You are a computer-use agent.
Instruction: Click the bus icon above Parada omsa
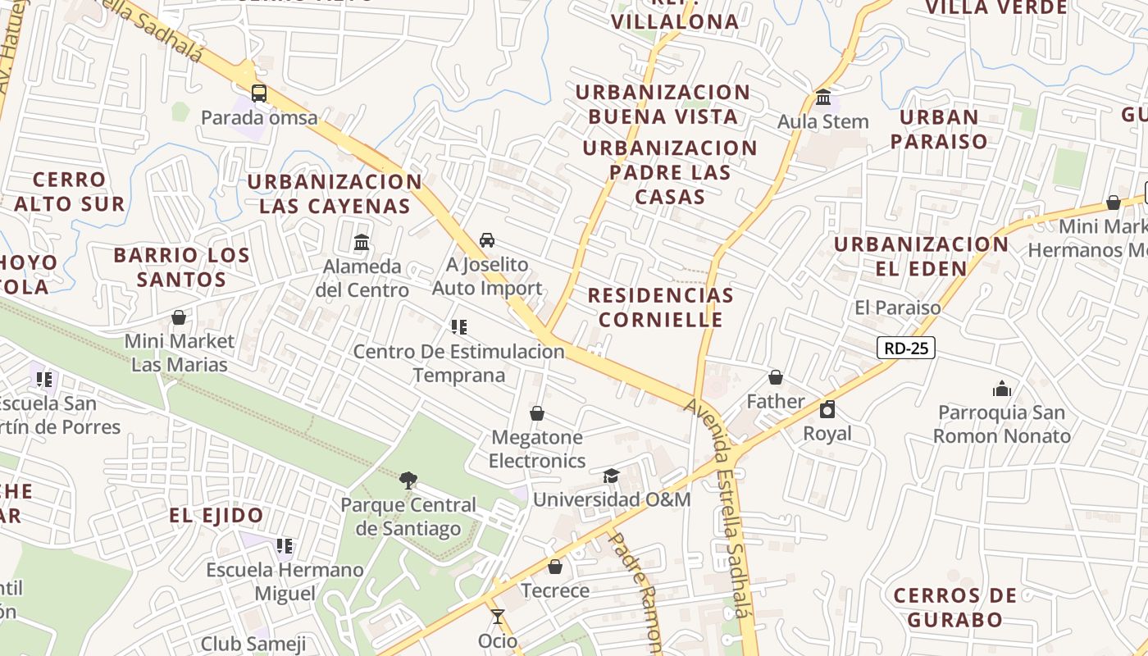pos(259,93)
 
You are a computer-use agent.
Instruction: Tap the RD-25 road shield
pos(906,348)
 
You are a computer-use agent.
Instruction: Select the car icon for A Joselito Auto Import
pos(487,240)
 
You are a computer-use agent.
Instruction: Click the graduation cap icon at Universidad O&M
pos(611,476)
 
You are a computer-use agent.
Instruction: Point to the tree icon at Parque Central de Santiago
pos(408,481)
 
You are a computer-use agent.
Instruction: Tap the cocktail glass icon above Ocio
pos(498,617)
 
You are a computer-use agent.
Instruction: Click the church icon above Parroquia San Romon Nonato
pos(1001,389)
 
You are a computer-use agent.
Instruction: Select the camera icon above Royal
pos(827,409)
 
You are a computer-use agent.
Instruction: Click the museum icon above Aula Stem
pos(823,98)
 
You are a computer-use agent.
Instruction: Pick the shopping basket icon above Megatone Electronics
pos(537,413)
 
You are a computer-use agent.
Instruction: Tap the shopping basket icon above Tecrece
pos(555,567)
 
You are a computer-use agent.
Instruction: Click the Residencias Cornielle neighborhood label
pos(660,307)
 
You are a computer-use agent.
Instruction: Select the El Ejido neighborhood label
pos(216,516)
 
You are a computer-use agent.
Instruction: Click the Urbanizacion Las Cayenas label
pos(335,194)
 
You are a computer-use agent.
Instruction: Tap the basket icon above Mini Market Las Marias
pos(179,317)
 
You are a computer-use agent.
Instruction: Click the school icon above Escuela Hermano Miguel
pos(285,545)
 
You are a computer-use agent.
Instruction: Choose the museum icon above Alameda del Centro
pos(362,243)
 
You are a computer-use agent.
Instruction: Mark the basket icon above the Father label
pos(775,377)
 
